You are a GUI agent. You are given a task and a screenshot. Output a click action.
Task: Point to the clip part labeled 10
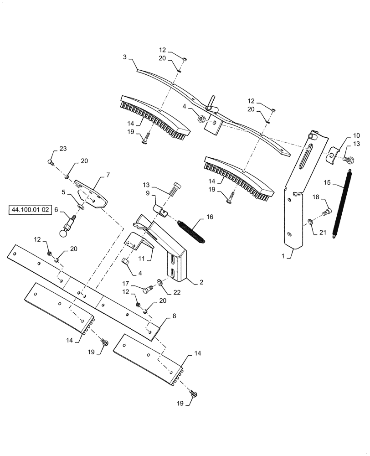pyautogui.click(x=334, y=155)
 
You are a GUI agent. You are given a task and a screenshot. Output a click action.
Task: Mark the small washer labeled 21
pyautogui.click(x=309, y=222)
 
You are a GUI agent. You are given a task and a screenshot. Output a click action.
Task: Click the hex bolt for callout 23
pyautogui.click(x=51, y=162)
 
